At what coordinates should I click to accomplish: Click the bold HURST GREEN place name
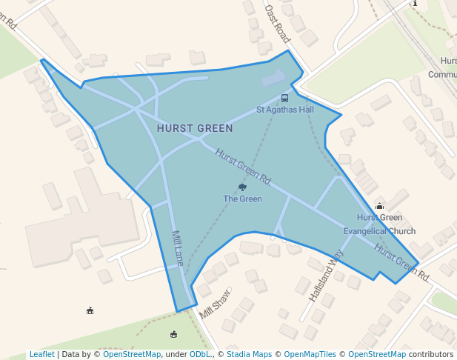tap(195, 128)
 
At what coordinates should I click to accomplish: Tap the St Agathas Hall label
tap(285, 110)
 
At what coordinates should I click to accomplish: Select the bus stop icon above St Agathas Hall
tap(284, 98)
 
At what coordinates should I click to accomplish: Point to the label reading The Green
tap(242, 199)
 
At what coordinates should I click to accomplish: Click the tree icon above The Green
tap(242, 187)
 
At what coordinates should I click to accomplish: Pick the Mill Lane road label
tap(177, 247)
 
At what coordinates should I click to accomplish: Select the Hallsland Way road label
tap(327, 275)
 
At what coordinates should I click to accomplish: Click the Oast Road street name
tap(277, 24)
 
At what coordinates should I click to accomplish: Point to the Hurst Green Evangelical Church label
tap(379, 224)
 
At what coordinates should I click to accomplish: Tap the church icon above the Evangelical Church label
tap(380, 206)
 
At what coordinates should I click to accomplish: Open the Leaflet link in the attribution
tap(41, 354)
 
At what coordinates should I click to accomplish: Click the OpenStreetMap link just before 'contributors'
tap(377, 354)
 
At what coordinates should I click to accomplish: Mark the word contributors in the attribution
tap(431, 354)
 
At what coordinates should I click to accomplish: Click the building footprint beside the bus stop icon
tap(273, 78)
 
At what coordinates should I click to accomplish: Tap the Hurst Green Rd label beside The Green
tap(243, 167)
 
